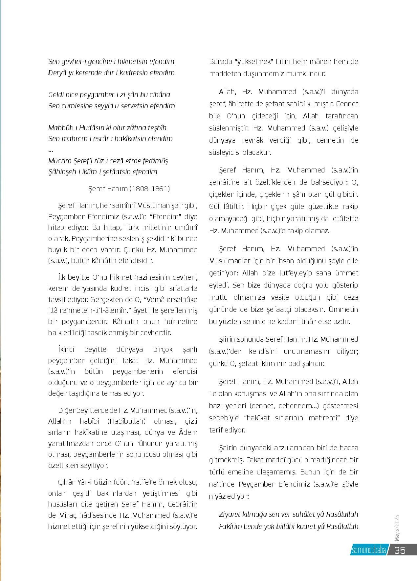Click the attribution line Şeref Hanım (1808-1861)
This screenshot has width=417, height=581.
(x=129, y=189)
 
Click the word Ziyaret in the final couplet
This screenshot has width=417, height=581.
(x=230, y=514)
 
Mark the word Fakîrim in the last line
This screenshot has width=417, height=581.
(x=231, y=527)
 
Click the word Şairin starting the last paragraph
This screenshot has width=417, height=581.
(x=229, y=448)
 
